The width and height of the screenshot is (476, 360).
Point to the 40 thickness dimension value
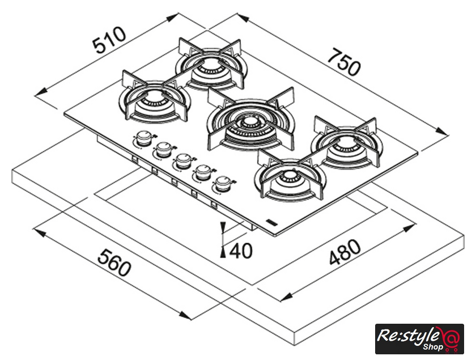(x=242, y=250)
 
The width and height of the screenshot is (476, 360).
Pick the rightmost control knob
(x=222, y=184)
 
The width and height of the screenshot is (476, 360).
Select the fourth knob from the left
(x=202, y=172)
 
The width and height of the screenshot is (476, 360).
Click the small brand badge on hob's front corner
(x=271, y=223)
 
